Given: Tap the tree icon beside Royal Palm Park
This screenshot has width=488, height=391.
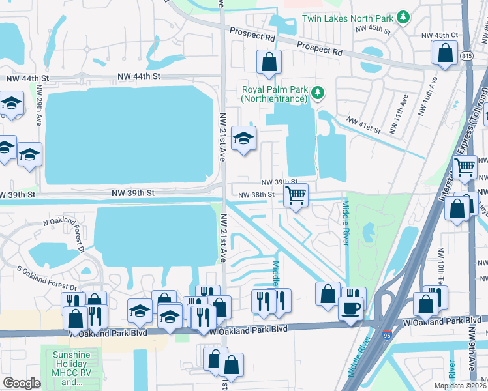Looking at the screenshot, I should click(x=318, y=93).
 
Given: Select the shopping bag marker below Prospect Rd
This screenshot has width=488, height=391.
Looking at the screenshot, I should click(x=269, y=63).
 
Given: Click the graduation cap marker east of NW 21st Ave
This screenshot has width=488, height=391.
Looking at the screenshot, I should click(x=244, y=138).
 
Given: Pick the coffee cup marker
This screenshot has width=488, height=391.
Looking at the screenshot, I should click(x=351, y=308).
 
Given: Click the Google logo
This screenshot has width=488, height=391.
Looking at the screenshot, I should click(x=22, y=383).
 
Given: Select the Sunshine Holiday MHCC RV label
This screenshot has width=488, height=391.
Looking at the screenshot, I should click(x=65, y=368).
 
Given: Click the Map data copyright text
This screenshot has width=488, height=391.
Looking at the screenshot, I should click(x=459, y=386).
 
